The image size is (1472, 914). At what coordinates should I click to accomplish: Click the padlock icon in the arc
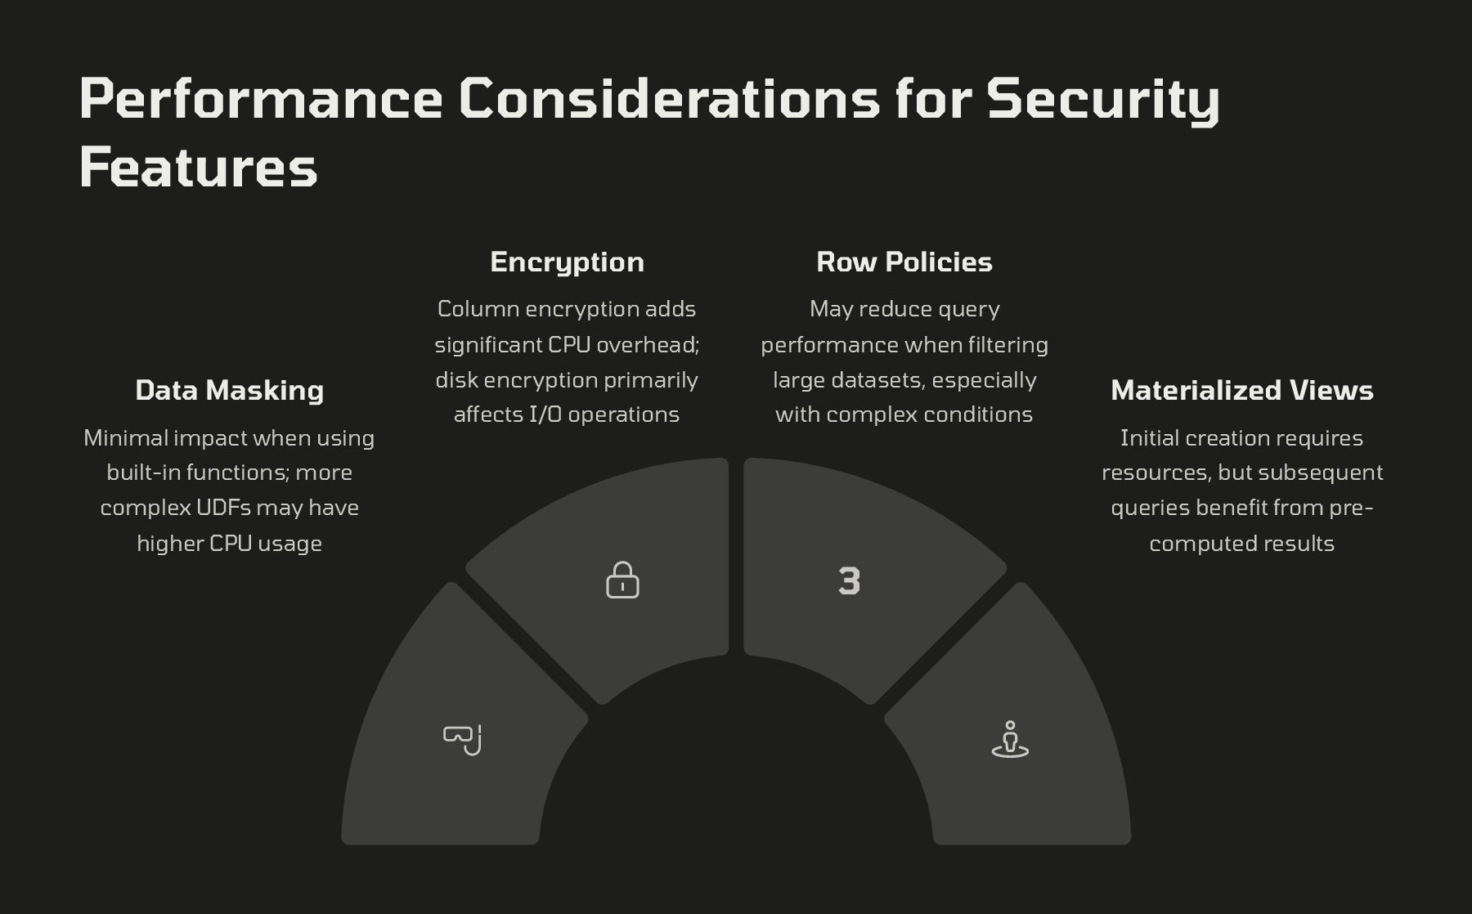[x=622, y=580]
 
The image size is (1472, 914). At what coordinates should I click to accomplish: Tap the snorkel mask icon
[x=462, y=740]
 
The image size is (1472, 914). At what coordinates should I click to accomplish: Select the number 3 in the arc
[x=850, y=580]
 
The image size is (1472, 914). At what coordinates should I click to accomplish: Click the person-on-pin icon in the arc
[x=1010, y=739]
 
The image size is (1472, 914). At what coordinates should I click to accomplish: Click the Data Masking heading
[x=230, y=390]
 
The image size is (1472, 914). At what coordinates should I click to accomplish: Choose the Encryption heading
[x=567, y=262]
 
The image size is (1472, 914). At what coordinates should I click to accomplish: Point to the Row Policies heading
[x=904, y=262]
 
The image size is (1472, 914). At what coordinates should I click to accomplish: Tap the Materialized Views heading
[x=1242, y=390]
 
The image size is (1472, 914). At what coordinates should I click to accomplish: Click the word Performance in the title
[x=261, y=98]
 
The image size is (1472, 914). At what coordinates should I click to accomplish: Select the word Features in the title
[x=198, y=167]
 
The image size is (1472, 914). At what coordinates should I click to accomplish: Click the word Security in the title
[x=1103, y=100]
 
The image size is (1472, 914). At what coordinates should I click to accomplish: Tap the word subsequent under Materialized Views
[x=1321, y=473]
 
